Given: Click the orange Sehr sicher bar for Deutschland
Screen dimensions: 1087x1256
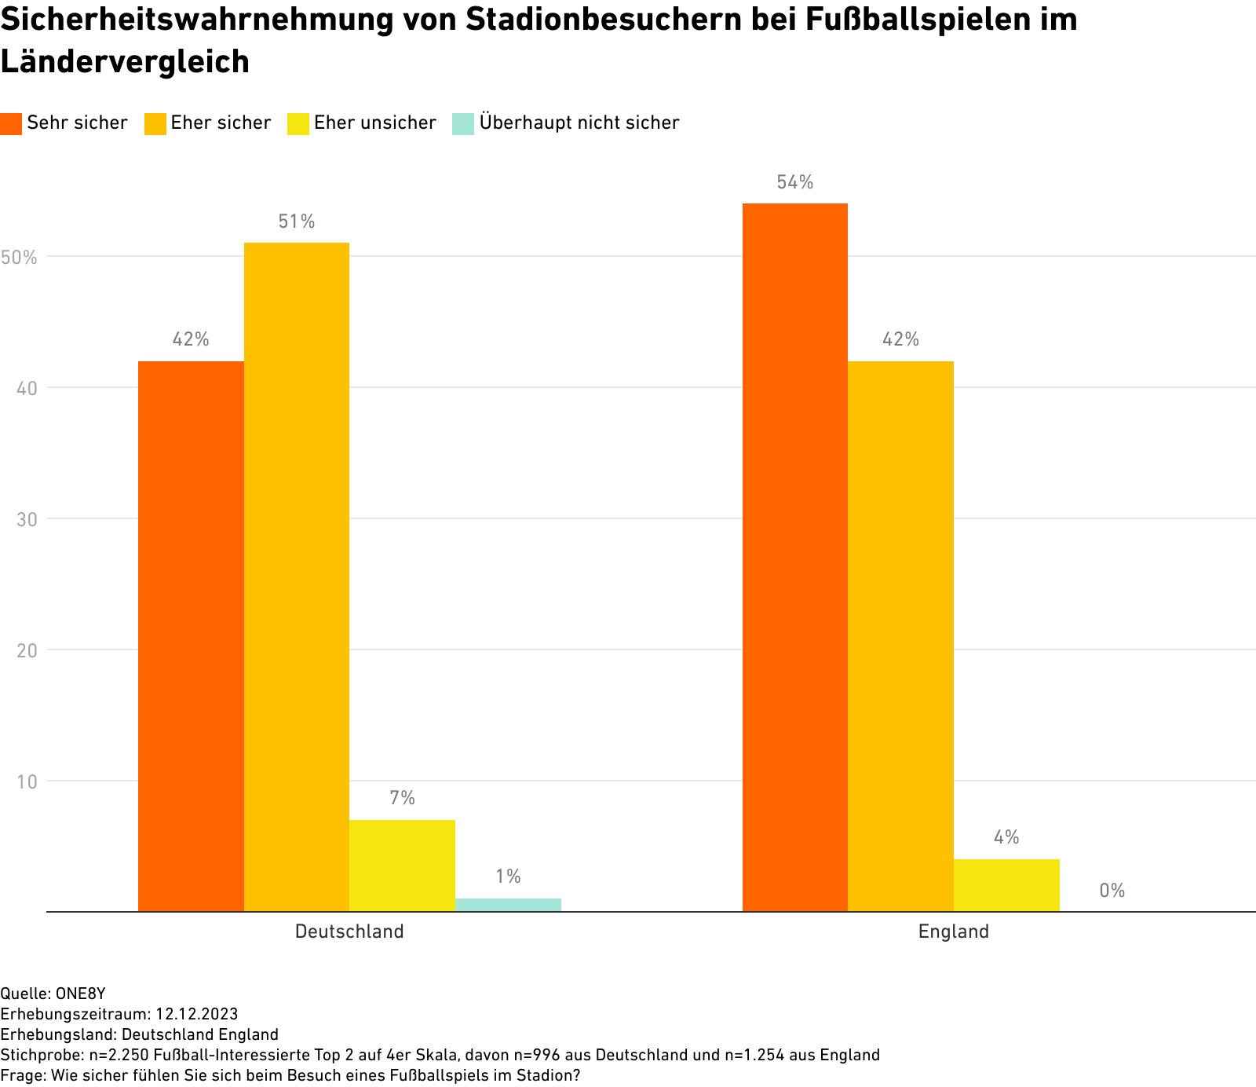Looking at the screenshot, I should (191, 636).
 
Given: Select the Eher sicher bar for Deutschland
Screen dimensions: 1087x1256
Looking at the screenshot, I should (297, 577).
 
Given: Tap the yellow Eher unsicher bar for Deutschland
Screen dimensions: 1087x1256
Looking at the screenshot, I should (402, 866).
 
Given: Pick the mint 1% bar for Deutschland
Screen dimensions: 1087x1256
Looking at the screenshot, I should (508, 905).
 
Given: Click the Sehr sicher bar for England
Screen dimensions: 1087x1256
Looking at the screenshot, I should (795, 558).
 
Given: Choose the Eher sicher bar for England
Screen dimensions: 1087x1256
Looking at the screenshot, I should (900, 636).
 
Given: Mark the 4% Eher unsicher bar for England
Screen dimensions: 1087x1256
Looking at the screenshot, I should (1006, 885).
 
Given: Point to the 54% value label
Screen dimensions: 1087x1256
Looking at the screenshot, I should (795, 183).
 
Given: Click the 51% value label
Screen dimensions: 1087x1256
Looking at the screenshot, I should (297, 222).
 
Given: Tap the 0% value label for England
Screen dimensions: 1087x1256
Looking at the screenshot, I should (1112, 891).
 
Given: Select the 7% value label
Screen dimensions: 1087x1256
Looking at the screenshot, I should (402, 799).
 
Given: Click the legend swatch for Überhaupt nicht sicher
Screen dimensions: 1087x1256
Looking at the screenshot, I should (463, 123).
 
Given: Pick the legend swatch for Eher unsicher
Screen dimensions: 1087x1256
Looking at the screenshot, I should (298, 123).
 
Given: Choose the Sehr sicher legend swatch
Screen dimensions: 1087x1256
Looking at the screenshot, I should (11, 123).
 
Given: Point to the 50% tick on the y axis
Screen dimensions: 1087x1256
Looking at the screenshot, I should (19, 257).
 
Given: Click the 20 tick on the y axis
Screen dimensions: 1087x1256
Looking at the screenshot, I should (27, 650).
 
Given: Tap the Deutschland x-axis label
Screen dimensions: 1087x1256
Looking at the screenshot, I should (349, 932).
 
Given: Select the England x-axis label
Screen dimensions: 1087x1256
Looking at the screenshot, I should (954, 932).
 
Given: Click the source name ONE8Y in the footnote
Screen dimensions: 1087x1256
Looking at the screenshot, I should (80, 994).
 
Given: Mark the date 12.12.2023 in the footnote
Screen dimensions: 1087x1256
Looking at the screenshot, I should (196, 1014).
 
